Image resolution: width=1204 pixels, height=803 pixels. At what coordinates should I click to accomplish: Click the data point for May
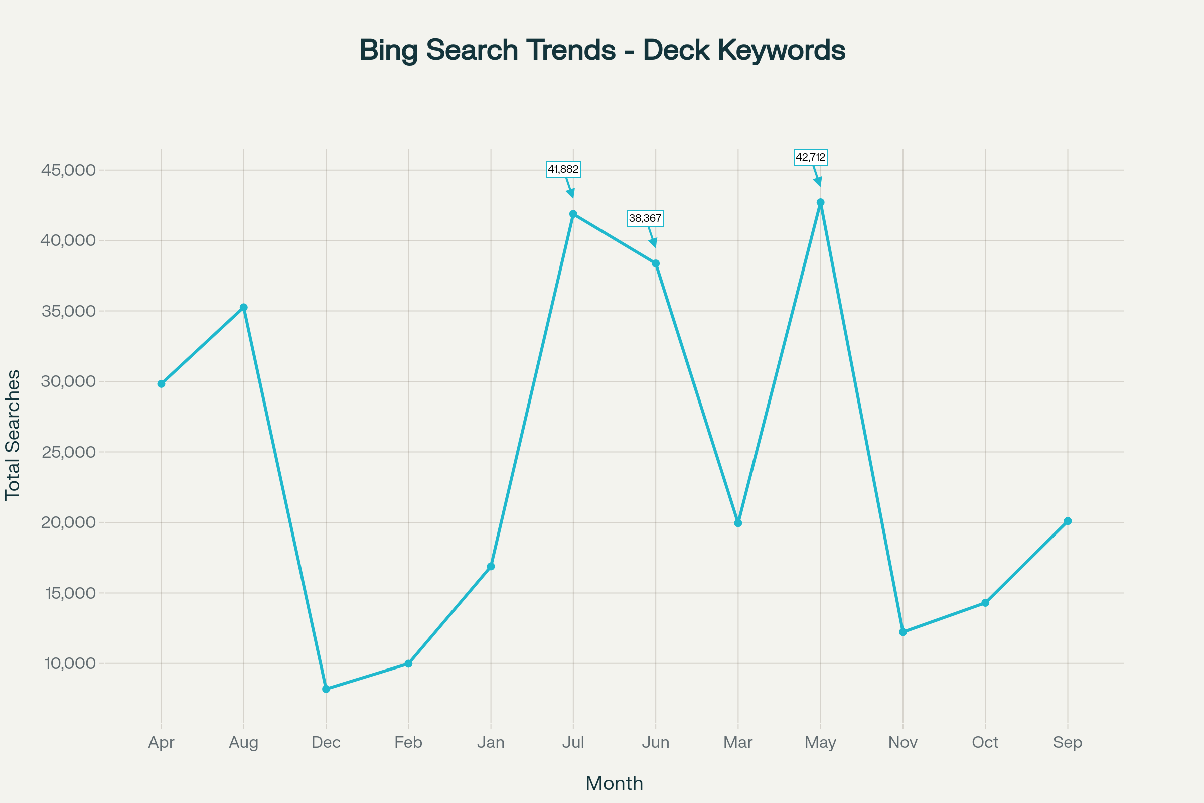(821, 202)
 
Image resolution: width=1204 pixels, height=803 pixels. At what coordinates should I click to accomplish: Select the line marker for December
(326, 689)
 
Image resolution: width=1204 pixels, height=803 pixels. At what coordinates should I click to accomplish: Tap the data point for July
(573, 214)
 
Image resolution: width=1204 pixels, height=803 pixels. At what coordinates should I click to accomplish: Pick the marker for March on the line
(738, 523)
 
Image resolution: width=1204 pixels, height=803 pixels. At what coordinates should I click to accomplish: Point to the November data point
(903, 632)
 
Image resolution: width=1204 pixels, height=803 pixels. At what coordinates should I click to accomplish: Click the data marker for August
(244, 307)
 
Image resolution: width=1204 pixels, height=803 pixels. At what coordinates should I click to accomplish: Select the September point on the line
(1068, 521)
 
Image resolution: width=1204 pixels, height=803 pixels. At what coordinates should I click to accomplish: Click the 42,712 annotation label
(810, 157)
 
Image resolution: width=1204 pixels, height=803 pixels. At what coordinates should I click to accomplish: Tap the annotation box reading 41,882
(563, 169)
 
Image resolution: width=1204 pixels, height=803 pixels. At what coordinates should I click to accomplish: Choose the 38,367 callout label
(645, 218)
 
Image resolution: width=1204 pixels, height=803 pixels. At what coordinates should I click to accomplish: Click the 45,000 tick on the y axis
(69, 170)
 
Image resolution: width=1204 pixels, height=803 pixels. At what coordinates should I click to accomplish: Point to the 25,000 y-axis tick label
(69, 452)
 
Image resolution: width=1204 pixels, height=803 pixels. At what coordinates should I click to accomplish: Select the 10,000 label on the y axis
(70, 663)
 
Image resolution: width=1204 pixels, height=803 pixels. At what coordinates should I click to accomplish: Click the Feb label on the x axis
(408, 743)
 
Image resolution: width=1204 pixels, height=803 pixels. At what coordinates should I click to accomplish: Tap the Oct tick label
(985, 743)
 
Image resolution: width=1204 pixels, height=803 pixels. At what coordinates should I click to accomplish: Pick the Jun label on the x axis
(656, 743)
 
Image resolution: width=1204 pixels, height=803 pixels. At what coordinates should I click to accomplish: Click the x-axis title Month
(614, 783)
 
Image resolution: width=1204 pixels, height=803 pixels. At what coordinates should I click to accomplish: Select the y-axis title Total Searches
(13, 435)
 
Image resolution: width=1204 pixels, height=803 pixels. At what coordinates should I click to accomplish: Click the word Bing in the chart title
(388, 50)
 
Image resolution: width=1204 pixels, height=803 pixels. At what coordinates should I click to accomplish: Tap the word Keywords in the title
(781, 50)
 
